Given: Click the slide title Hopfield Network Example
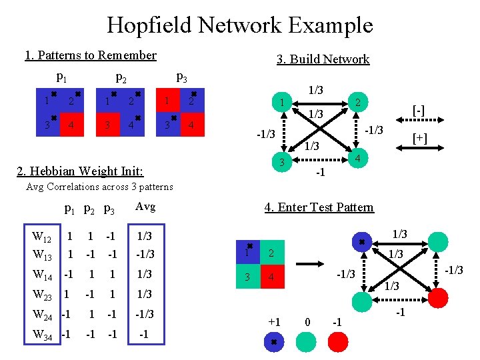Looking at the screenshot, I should [x=240, y=25].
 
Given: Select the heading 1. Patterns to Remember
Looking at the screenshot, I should [x=91, y=55].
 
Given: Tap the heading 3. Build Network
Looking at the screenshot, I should [x=323, y=59].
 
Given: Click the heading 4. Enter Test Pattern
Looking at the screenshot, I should [x=319, y=207].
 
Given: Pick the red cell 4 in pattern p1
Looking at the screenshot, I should [x=72, y=125].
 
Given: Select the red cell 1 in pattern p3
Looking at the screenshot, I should [x=167, y=101].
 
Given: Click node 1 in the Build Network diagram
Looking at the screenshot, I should [x=283, y=103].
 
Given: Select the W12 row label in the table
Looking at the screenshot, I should [x=42, y=237].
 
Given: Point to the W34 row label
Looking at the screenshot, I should [x=42, y=333].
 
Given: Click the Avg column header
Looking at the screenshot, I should [x=145, y=207].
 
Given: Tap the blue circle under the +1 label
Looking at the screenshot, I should [x=274, y=343].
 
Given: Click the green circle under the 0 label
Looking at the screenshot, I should [x=307, y=343].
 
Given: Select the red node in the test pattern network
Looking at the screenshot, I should [x=437, y=295].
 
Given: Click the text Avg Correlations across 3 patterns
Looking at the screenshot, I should [x=99, y=187].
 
